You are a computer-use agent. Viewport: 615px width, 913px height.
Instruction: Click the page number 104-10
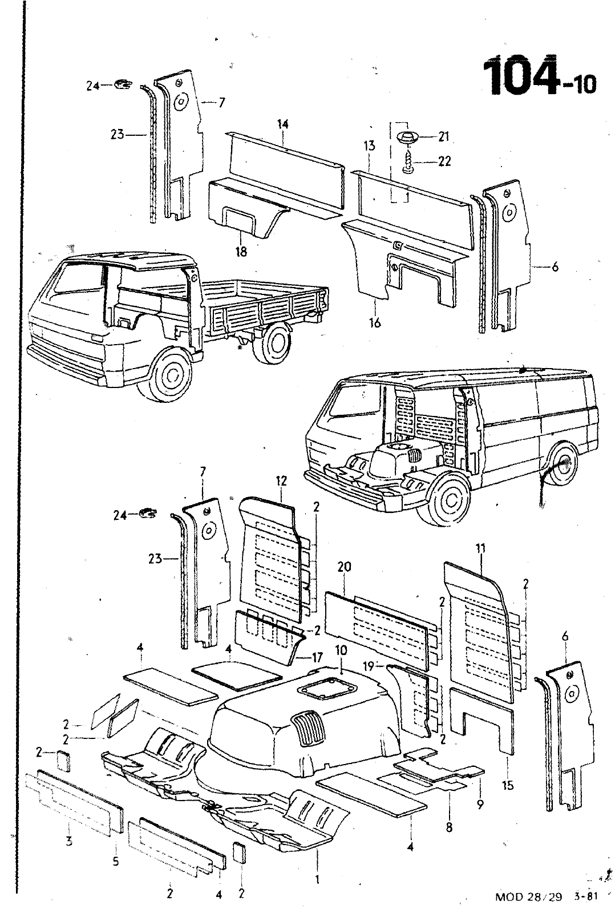point(539,76)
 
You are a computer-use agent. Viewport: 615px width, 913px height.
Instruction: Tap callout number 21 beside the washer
point(444,136)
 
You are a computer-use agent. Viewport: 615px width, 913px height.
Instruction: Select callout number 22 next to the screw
point(444,161)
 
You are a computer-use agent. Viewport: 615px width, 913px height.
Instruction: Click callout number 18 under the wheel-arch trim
point(241,251)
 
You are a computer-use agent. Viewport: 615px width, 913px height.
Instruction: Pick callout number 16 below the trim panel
point(375,322)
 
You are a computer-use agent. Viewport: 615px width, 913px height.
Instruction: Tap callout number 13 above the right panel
point(370,146)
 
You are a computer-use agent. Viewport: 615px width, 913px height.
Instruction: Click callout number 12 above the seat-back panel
point(281,480)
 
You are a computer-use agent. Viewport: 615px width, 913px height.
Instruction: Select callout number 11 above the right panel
point(480,550)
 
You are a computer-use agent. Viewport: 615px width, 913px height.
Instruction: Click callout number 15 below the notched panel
point(507,785)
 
